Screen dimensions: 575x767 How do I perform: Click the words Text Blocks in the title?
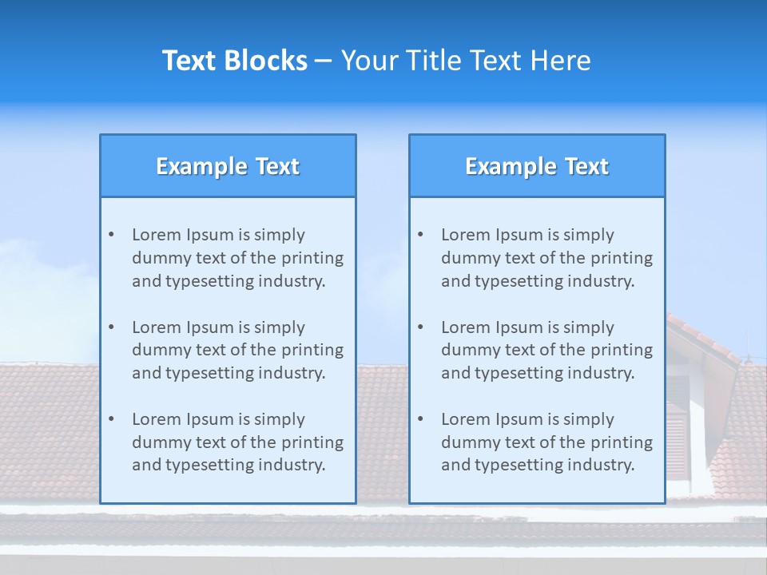234,61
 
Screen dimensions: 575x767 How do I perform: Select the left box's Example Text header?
228,166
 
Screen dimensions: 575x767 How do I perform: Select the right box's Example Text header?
537,166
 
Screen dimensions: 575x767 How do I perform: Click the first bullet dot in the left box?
112,235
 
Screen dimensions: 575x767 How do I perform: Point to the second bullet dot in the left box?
112,327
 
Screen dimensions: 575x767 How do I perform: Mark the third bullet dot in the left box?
112,419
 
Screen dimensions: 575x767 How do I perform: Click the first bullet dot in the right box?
421,235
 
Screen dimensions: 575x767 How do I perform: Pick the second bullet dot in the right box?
421,327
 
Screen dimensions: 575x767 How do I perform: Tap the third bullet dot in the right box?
421,419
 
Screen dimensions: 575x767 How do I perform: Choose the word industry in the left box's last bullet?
292,466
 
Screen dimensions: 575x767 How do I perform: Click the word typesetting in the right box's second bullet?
519,373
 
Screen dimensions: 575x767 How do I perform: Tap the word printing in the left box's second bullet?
314,350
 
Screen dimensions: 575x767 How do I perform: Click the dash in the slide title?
324,61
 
